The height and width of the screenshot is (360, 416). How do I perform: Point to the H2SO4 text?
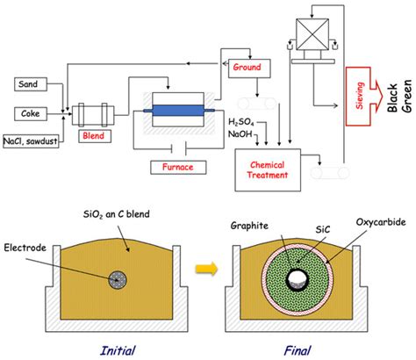pyautogui.click(x=245, y=122)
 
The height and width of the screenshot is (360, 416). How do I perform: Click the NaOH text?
pyautogui.click(x=243, y=133)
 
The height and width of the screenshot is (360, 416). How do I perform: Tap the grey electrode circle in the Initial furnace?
pyautogui.click(x=117, y=277)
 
